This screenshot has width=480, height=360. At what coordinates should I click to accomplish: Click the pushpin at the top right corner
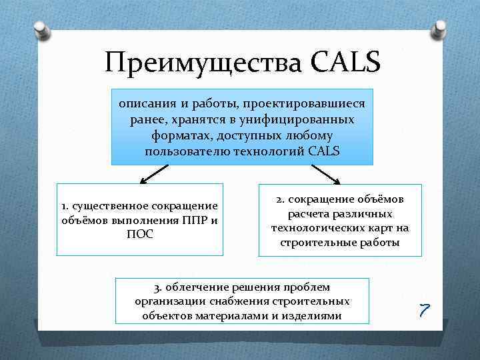pos(439,28)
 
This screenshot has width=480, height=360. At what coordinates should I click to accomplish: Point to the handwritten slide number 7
pos(425,309)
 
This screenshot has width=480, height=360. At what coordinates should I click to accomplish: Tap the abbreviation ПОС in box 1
pos(140,235)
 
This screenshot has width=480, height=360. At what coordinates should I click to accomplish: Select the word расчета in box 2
pos(307,214)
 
